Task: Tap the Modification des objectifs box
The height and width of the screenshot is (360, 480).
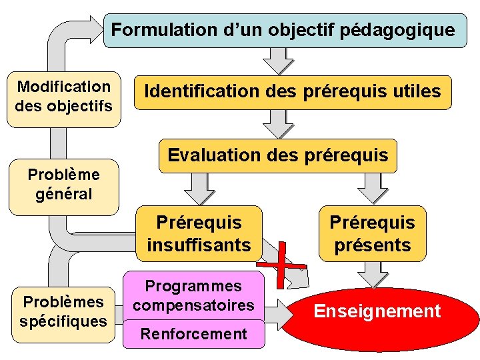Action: [64, 97]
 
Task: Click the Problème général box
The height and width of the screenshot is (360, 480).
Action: [64, 185]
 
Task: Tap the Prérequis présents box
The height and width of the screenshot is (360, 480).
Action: [372, 233]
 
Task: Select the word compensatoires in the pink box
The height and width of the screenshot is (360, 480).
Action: [193, 305]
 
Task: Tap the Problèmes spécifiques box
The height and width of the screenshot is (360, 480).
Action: [63, 311]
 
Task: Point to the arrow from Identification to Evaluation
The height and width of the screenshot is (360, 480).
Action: [277, 124]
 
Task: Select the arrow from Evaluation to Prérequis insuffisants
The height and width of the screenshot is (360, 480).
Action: [199, 188]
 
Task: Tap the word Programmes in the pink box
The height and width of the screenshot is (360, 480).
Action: [193, 287]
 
